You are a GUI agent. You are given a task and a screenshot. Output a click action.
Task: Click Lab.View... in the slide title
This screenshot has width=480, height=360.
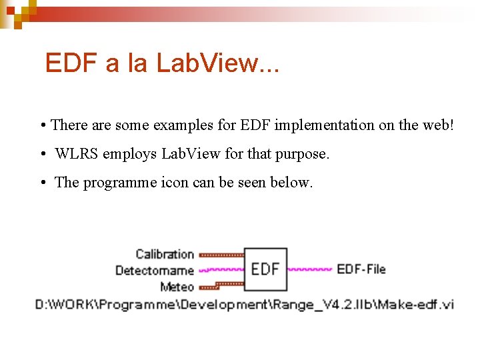click(x=218, y=63)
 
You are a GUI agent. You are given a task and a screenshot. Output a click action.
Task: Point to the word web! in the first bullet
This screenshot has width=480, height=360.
click(x=436, y=125)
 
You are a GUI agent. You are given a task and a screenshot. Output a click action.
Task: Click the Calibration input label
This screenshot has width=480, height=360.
click(x=165, y=254)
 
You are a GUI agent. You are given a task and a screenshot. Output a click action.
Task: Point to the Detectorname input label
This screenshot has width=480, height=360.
click(x=154, y=270)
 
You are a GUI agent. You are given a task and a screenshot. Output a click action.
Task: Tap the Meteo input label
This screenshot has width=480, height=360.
click(x=177, y=287)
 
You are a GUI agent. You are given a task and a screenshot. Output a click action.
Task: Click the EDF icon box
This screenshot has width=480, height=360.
click(x=265, y=269)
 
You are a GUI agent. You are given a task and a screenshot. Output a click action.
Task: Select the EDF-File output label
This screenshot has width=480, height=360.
click(x=361, y=269)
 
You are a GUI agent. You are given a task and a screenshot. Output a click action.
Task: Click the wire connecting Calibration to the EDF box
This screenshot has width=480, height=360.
click(x=221, y=254)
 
